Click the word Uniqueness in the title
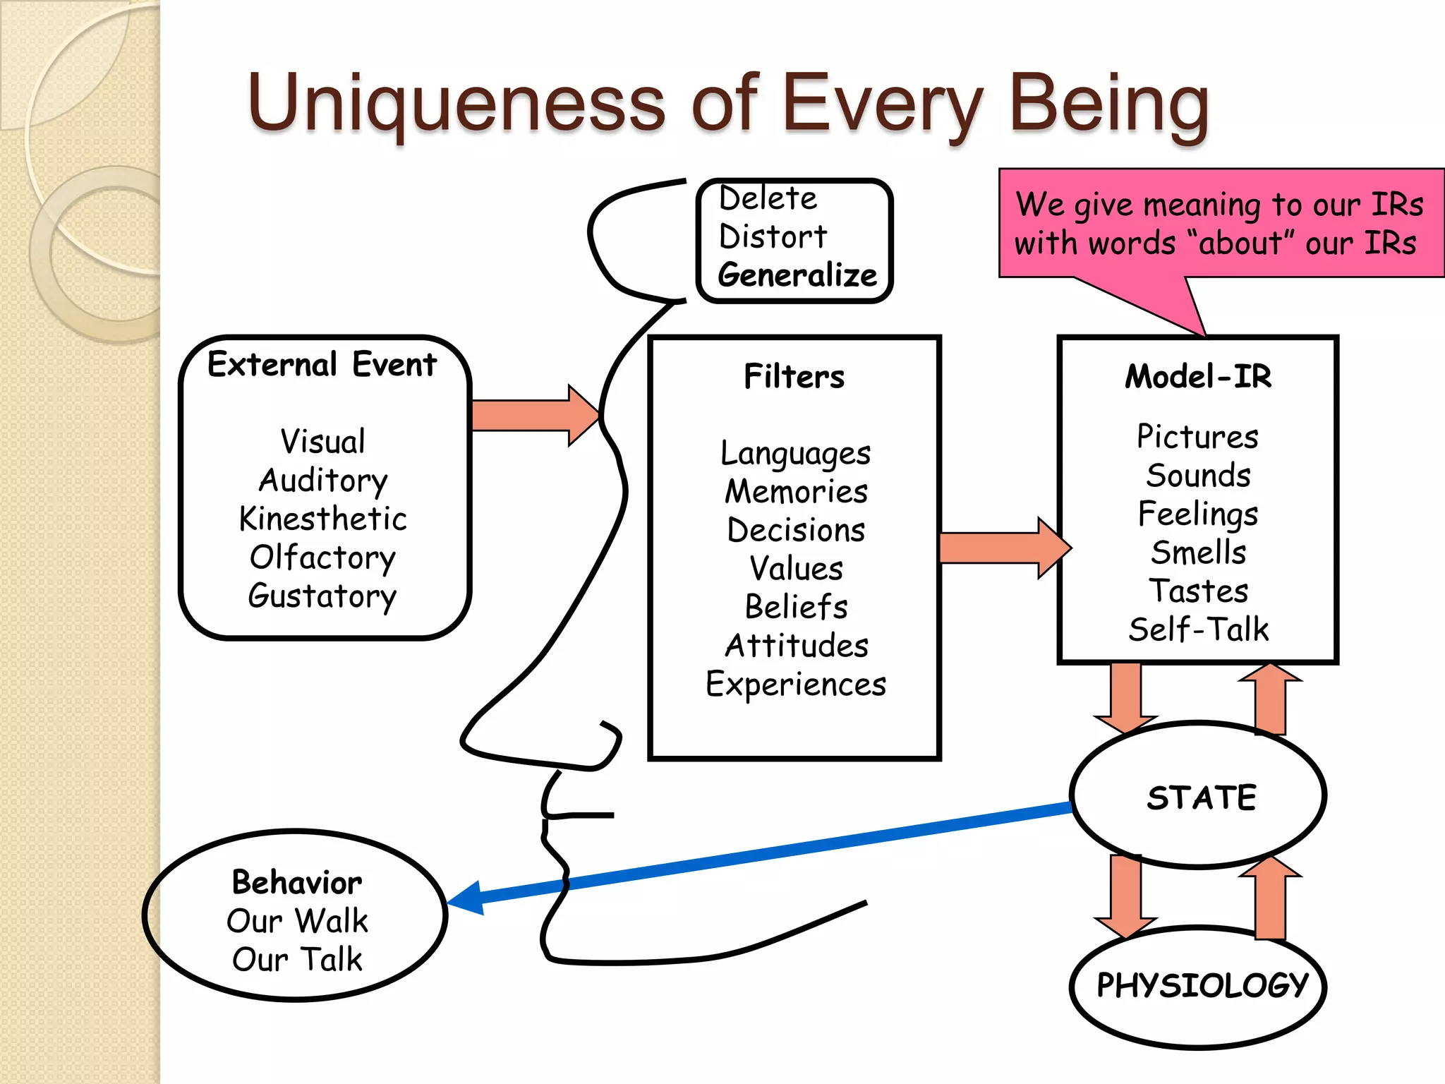pyautogui.click(x=456, y=104)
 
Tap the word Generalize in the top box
pyautogui.click(x=797, y=275)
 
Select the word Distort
pyautogui.click(x=773, y=236)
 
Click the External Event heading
pyautogui.click(x=322, y=365)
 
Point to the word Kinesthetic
pyautogui.click(x=323, y=519)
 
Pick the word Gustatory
pyautogui.click(x=322, y=596)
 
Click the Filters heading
pyautogui.click(x=794, y=376)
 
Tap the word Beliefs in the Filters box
pyautogui.click(x=796, y=607)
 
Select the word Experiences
pyautogui.click(x=796, y=685)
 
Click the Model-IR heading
pyautogui.click(x=1198, y=376)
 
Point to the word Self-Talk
pyautogui.click(x=1198, y=630)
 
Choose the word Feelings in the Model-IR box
pyautogui.click(x=1198, y=514)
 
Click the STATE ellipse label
pyautogui.click(x=1202, y=797)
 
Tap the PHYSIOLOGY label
pyautogui.click(x=1202, y=985)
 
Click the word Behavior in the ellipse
pyautogui.click(x=297, y=882)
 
